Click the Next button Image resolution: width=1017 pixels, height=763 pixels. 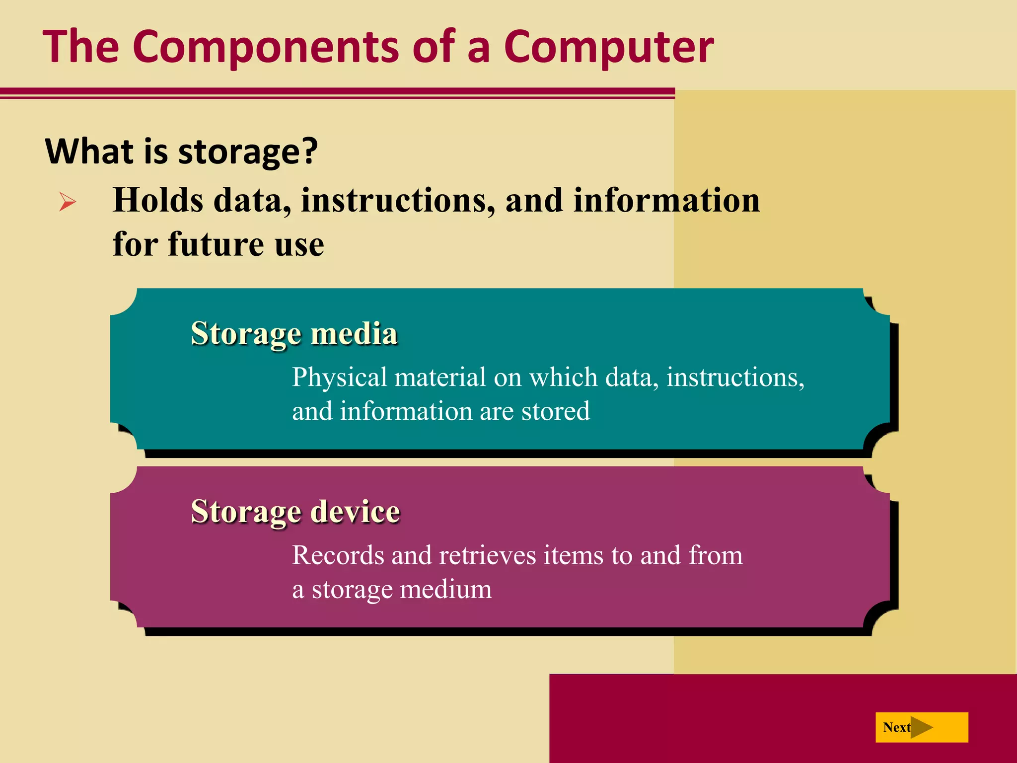point(921,727)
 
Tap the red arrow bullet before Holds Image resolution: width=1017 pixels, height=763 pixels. point(68,202)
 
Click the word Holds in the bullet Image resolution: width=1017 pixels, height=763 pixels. point(158,200)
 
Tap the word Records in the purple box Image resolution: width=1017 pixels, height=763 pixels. point(337,555)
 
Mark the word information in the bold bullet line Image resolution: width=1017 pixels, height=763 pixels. point(666,200)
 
